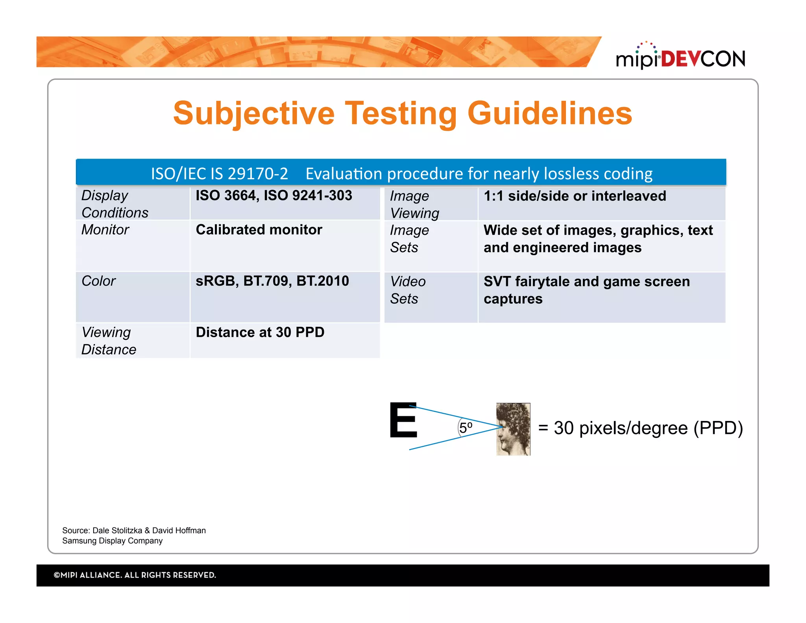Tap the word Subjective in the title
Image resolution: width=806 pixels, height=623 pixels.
tap(254, 113)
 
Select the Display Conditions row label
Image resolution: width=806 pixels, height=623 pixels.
tap(115, 204)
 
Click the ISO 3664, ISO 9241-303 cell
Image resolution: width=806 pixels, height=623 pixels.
tap(274, 196)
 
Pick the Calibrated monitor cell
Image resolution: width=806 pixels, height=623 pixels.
tap(259, 230)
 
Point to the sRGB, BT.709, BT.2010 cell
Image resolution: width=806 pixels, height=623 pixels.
tap(272, 281)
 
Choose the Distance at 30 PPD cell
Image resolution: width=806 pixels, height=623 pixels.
tap(260, 332)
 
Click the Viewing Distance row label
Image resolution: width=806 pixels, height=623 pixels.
tap(109, 341)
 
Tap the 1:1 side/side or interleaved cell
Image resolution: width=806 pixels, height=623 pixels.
tap(575, 196)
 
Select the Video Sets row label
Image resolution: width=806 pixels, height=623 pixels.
tap(408, 290)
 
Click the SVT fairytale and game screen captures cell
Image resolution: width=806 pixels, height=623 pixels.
tap(586, 290)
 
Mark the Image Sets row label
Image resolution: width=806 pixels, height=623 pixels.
tap(409, 239)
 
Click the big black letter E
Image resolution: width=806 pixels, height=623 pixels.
tap(403, 420)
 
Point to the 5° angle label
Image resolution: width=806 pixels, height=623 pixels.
tap(466, 428)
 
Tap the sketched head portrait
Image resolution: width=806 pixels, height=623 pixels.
tap(513, 429)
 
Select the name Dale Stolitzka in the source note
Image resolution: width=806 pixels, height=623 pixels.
tap(117, 530)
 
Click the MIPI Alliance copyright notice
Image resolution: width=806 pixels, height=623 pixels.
tap(135, 575)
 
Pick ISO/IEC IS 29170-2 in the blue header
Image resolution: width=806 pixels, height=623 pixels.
tap(220, 174)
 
